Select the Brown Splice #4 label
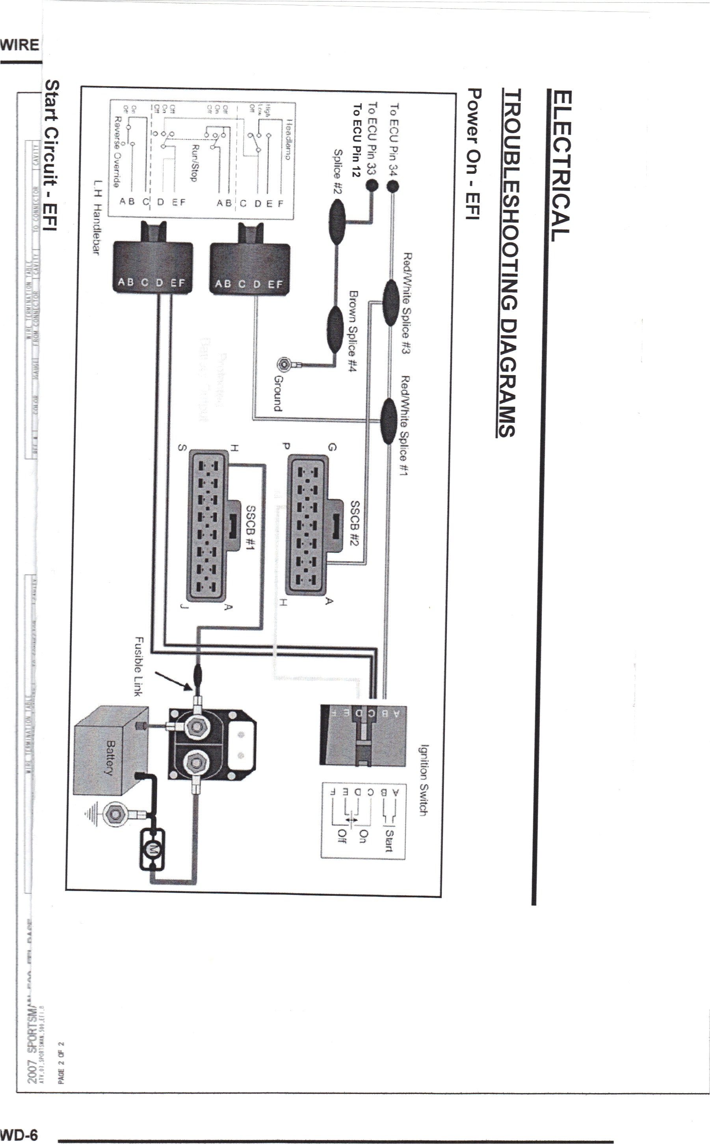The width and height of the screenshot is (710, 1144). click(353, 331)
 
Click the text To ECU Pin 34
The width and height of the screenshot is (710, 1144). click(394, 140)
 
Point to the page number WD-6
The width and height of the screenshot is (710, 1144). click(19, 1135)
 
